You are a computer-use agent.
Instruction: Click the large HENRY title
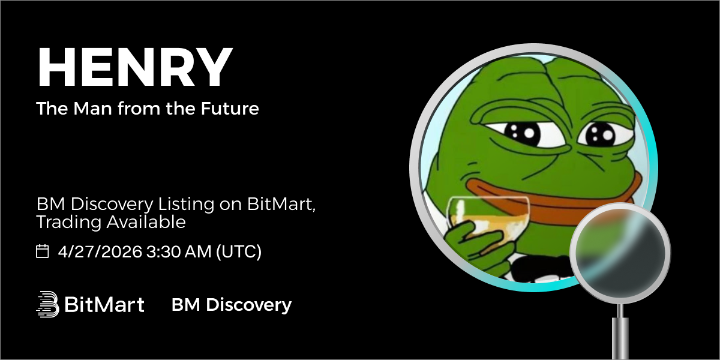click(x=135, y=67)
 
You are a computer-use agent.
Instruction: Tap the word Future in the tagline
click(x=230, y=109)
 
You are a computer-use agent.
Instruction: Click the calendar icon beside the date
click(x=42, y=251)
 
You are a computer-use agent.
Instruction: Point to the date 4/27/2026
click(x=100, y=251)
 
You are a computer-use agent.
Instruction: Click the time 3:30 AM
click(x=179, y=251)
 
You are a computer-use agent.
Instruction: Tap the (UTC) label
click(x=239, y=251)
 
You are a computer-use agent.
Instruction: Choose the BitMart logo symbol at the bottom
click(x=47, y=304)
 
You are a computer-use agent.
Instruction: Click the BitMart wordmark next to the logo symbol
click(x=104, y=304)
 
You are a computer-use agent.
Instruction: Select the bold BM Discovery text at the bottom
click(x=232, y=305)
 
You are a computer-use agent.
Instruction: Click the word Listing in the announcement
click(x=186, y=205)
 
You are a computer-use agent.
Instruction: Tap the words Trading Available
click(x=111, y=222)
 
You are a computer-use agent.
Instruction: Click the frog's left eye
click(x=521, y=133)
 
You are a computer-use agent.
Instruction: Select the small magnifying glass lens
click(x=620, y=253)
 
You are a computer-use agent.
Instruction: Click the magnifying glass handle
click(x=620, y=334)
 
